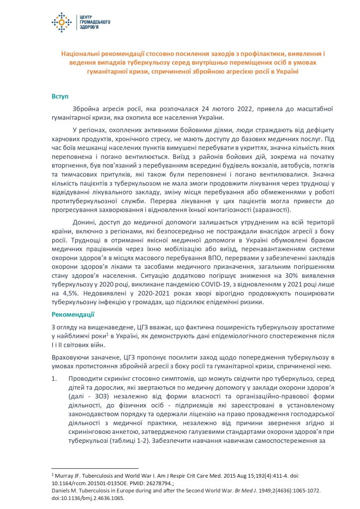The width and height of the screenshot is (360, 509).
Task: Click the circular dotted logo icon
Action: tap(62, 22)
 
